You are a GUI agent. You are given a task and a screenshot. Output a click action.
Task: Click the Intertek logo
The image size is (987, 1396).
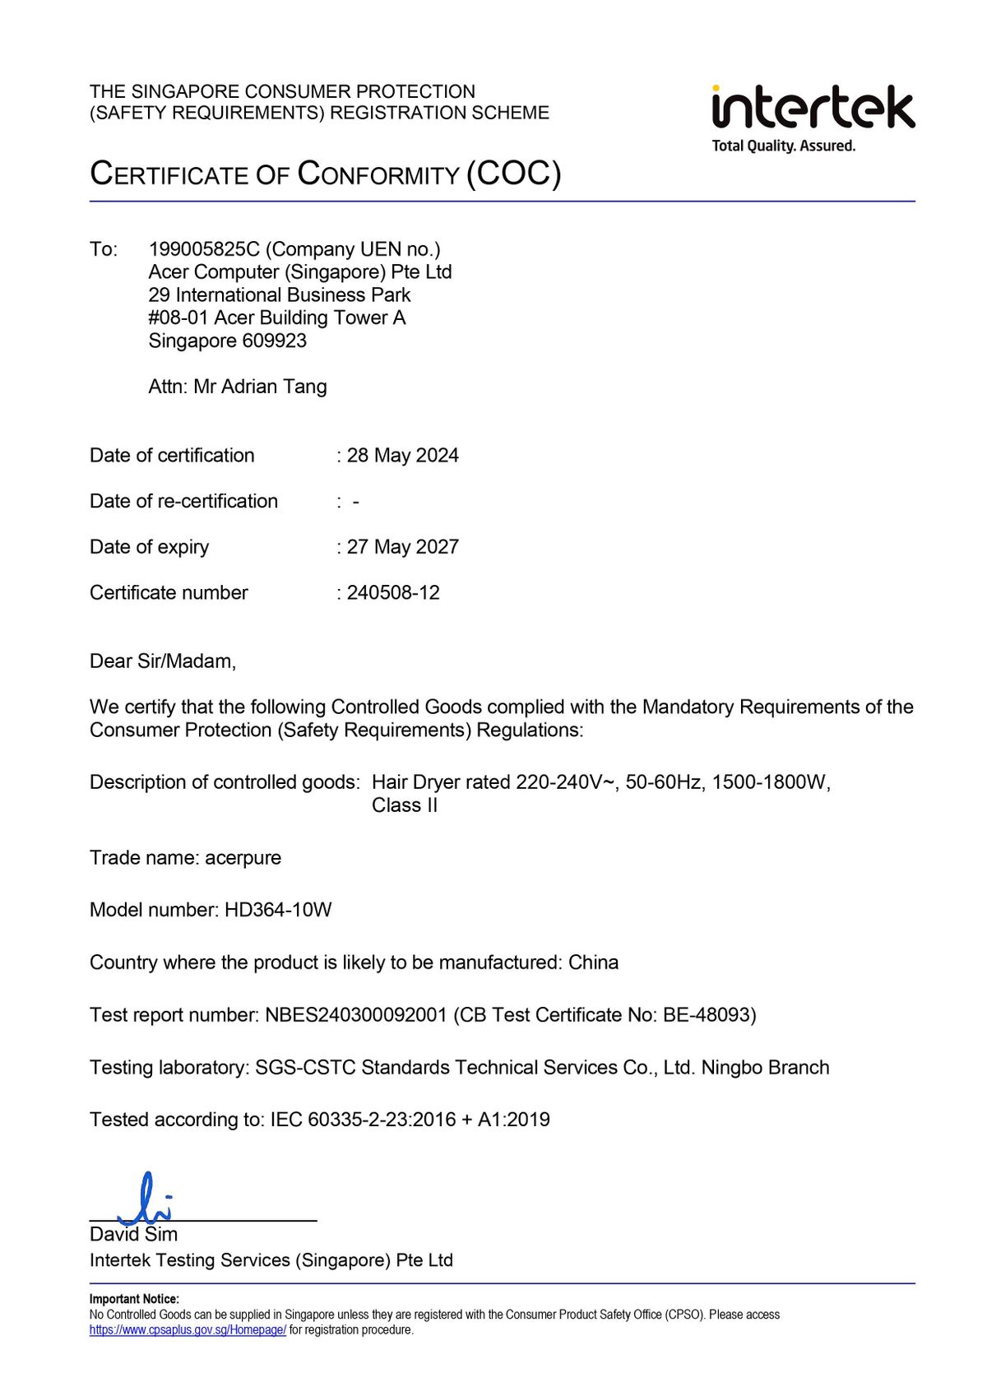[x=813, y=108]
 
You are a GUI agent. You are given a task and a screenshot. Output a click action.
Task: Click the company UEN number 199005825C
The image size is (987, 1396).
[x=204, y=249]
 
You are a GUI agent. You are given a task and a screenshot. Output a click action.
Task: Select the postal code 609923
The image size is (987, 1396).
[x=275, y=341]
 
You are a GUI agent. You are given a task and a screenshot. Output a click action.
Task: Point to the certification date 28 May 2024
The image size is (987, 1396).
[x=402, y=456]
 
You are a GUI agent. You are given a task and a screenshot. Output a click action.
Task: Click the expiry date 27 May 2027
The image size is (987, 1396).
[x=402, y=547]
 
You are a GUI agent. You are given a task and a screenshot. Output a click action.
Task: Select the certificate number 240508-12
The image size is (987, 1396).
[x=393, y=593]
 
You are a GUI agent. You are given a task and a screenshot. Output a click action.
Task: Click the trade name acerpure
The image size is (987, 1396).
[x=243, y=858]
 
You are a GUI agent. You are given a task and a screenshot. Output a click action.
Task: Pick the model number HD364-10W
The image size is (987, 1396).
[x=278, y=910]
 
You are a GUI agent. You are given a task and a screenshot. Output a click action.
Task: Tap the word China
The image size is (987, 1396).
[x=593, y=962]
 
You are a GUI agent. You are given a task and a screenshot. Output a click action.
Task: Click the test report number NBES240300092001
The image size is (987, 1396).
[x=355, y=1015]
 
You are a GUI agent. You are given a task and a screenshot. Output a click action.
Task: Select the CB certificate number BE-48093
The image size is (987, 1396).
[x=707, y=1015]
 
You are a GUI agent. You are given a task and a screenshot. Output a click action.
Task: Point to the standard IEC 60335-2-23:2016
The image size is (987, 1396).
[x=363, y=1120]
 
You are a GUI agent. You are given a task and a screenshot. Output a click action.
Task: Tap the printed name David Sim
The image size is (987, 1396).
[x=133, y=1235]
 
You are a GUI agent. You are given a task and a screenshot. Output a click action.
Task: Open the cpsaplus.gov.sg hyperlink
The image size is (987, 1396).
[x=188, y=1330]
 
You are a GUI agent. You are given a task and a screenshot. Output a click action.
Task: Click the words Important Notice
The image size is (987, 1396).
[x=134, y=1299]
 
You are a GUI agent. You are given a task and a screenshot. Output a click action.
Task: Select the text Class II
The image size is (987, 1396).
[x=404, y=805]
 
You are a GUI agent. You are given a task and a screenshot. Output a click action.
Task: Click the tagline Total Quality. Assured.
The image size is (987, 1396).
[x=783, y=146]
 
